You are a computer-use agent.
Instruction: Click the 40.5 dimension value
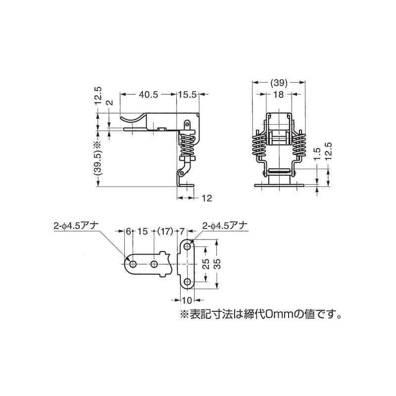148,93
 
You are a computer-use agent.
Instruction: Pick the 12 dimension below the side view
206,198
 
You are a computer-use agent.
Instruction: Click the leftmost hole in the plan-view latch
133,264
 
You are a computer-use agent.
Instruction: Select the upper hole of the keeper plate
188,246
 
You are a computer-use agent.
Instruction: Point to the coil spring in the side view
187,145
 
